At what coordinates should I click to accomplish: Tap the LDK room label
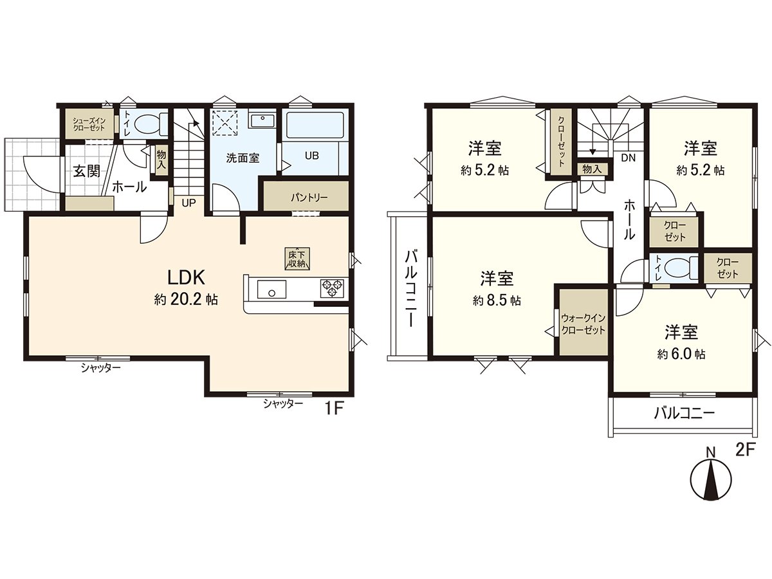click(x=186, y=278)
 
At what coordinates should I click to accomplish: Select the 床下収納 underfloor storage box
click(x=296, y=258)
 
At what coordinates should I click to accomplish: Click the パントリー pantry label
click(x=309, y=198)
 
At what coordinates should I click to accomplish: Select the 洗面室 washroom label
click(x=243, y=158)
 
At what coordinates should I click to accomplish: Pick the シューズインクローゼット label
click(x=87, y=124)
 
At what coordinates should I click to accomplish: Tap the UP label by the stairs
click(x=188, y=203)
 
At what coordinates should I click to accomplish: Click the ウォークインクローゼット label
click(x=583, y=324)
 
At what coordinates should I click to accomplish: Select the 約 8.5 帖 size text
click(x=497, y=300)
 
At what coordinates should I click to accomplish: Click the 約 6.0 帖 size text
click(x=681, y=354)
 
